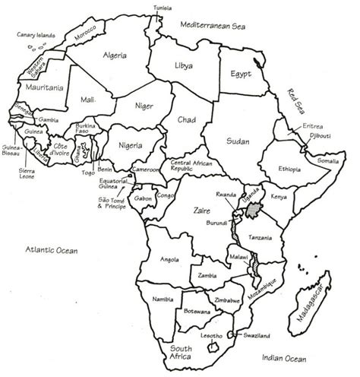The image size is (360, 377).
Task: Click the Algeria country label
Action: pos(113,55)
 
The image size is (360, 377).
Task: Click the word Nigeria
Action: pos(131,143)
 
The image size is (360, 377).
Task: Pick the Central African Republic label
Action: pos(190,166)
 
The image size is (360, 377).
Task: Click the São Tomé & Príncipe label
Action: pos(111,202)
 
